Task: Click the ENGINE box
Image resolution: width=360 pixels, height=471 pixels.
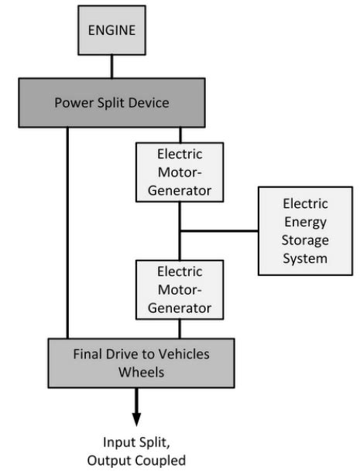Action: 112,30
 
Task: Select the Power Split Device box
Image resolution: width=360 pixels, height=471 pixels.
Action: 112,103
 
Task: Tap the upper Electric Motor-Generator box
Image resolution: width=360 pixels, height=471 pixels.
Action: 180,172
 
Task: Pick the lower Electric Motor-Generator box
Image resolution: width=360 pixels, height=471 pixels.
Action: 180,289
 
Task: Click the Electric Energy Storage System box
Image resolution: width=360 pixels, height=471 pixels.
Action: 305,230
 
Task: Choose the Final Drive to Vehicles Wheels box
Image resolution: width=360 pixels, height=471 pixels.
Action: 141,363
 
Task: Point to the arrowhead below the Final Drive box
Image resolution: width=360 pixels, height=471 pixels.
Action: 136,419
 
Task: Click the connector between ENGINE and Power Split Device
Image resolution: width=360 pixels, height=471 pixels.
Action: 112,67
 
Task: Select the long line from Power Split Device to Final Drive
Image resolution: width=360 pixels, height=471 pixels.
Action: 67,233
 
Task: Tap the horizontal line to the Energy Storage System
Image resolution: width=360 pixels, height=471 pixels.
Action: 219,231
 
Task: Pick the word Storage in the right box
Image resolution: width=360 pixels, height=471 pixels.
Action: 305,241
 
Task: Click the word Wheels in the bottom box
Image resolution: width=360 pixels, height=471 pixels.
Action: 141,373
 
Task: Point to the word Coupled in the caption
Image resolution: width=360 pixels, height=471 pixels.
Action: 160,460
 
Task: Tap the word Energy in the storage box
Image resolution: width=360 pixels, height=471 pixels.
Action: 305,222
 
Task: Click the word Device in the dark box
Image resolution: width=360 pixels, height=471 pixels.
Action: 149,103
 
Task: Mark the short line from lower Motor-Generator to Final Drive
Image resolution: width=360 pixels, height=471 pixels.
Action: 180,329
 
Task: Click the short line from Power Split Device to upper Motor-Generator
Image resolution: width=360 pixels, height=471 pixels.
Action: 180,135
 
